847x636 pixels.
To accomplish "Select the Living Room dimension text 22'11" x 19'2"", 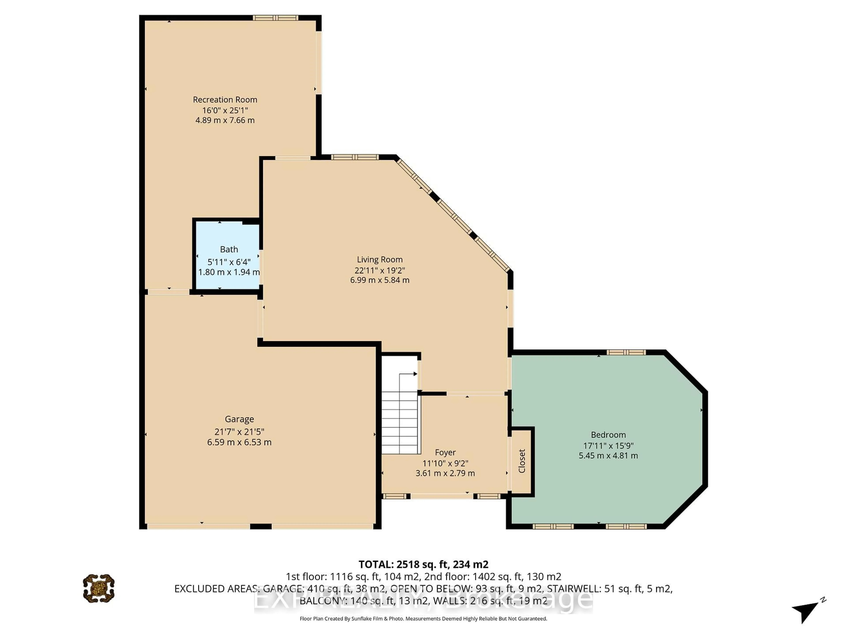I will pyautogui.click(x=379, y=270).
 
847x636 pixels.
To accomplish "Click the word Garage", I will pyautogui.click(x=239, y=419).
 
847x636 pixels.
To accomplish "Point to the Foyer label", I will pyautogui.click(x=445, y=452).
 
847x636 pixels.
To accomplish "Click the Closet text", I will pyautogui.click(x=521, y=461).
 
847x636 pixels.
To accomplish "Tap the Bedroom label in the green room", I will pyautogui.click(x=608, y=435).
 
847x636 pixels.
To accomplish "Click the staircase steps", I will pyautogui.click(x=399, y=422).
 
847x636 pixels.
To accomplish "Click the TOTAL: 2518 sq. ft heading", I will pyautogui.click(x=423, y=564).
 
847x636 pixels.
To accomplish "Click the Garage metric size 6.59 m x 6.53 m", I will pyautogui.click(x=239, y=442).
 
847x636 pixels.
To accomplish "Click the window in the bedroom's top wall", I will pyautogui.click(x=626, y=352).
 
